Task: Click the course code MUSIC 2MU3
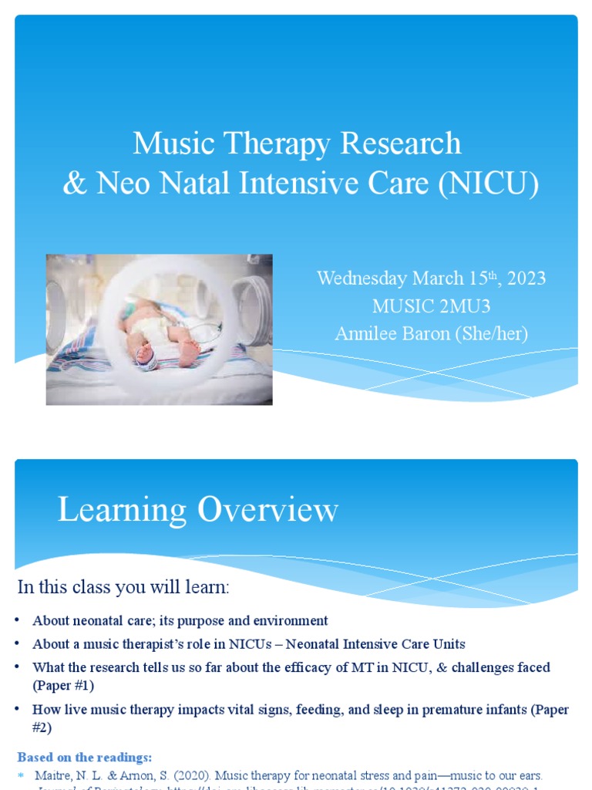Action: pos(431,306)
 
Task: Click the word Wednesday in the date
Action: pos(362,279)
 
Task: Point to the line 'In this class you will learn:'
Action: pos(123,587)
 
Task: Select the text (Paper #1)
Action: pos(63,685)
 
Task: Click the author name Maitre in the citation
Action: pos(53,775)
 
